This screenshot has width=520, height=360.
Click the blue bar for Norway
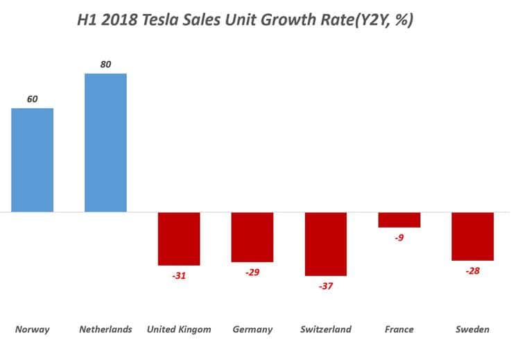tap(33, 160)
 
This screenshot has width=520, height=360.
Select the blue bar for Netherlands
tap(105, 142)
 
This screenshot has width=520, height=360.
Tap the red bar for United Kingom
tap(179, 239)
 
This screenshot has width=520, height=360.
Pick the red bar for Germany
tap(252, 237)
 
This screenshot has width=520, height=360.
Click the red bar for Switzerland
tap(325, 244)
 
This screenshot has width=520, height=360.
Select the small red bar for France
tap(399, 220)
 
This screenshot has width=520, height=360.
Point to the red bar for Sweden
tap(472, 237)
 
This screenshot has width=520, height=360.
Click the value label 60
tap(33, 99)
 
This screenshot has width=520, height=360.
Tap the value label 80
tap(105, 65)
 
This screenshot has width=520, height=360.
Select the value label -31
tap(178, 275)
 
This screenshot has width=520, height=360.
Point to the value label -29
tap(252, 273)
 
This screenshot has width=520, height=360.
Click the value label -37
tap(325, 286)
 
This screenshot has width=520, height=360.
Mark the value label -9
tap(399, 238)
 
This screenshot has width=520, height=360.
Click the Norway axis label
tap(33, 329)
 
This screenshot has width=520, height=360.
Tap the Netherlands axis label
tap(105, 329)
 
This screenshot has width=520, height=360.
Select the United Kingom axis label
tap(179, 329)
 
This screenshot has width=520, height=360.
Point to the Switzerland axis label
tap(325, 329)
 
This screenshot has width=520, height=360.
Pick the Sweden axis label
tap(472, 329)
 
